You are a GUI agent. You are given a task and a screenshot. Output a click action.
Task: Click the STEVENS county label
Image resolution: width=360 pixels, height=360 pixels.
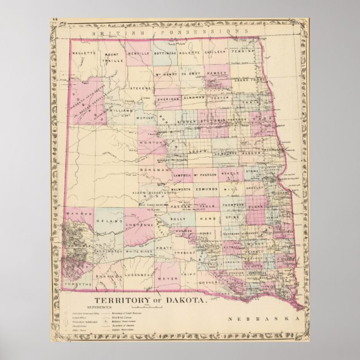coord(140,88)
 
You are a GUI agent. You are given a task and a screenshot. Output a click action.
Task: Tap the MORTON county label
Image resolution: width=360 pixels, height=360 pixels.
coord(150,144)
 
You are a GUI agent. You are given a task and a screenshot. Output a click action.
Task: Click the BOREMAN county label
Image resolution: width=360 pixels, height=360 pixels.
coord(155,169)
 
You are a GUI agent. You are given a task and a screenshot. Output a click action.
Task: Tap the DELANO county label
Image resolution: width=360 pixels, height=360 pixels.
coord(110,222)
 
